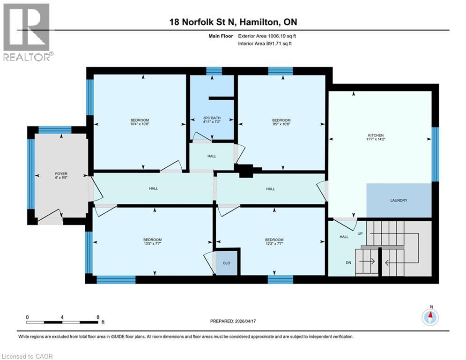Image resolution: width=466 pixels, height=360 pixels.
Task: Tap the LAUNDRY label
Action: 399,200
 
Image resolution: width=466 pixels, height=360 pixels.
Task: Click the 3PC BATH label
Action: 212,118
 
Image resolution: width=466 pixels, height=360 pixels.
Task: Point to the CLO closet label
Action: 226,263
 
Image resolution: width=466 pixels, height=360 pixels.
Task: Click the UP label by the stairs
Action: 360,233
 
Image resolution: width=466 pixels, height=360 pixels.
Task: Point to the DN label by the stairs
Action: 348,262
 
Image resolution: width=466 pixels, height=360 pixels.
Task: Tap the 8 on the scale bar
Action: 97,317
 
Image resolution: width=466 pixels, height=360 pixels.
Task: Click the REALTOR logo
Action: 27,32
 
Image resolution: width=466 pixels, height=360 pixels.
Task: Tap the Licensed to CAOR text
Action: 28,356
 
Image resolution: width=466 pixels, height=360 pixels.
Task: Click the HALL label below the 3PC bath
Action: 212,156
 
